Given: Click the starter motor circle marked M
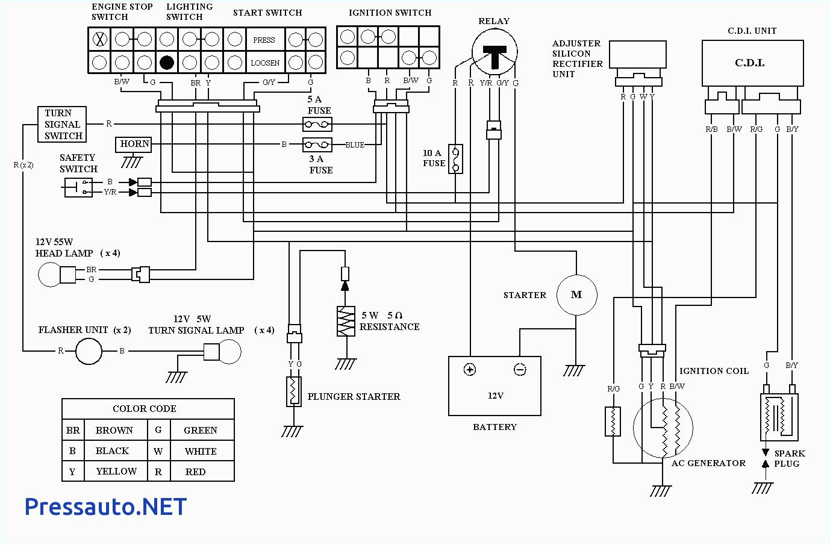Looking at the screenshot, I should click(576, 294).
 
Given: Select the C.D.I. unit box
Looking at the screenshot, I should click(752, 63).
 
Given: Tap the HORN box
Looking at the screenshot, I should click(134, 144).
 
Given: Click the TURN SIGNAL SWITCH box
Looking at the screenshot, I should click(62, 125).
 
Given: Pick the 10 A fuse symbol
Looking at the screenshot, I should click(456, 159).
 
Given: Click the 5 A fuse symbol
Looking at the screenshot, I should click(317, 125).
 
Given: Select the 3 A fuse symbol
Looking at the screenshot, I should click(317, 145).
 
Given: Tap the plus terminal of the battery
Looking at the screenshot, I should click(470, 369).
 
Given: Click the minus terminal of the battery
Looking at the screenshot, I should click(520, 369).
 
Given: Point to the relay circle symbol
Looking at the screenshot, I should click(495, 52).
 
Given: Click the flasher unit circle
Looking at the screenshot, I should click(89, 350).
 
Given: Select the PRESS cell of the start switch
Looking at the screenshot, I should click(264, 40).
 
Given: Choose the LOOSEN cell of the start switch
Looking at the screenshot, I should click(264, 63).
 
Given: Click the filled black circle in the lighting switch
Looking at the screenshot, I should click(167, 62).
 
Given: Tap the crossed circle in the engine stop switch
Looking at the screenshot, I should click(100, 40).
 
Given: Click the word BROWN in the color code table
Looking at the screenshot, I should click(114, 430).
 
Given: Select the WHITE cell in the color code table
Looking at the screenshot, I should click(201, 451).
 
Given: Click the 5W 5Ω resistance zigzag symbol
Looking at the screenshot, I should click(346, 321).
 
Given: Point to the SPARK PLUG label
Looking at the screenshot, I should click(788, 458).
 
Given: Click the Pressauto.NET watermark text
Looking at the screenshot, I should click(105, 506).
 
